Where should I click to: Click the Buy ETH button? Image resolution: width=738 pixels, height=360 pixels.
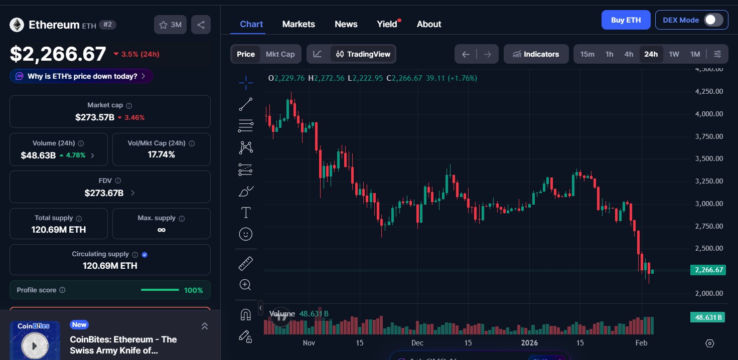point(626,20)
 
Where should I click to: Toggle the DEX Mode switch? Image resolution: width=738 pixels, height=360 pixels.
point(713,20)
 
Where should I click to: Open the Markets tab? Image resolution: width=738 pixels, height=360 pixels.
point(299,24)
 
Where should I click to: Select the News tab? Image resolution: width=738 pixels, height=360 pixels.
point(346,24)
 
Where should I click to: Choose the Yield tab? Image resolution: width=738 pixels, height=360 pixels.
point(387,24)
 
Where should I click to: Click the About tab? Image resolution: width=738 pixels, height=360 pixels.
point(429,24)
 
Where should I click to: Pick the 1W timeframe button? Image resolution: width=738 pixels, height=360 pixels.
point(674,54)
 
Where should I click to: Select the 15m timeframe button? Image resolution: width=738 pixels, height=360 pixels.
point(587,54)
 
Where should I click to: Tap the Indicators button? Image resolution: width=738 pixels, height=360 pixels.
point(536,54)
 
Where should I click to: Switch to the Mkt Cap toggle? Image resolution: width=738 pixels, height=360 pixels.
point(280,54)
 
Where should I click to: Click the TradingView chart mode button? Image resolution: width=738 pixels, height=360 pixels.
point(363,54)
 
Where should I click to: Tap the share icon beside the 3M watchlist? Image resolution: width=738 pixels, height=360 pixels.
point(201,25)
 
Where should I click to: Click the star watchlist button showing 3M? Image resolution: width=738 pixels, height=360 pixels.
point(170,25)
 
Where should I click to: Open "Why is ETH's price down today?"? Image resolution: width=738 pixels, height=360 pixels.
point(81,76)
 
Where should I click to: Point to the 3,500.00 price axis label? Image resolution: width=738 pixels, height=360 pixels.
point(709,158)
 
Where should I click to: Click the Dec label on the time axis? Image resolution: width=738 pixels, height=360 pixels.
point(417,343)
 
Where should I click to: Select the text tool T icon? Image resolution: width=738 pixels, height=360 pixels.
point(246,213)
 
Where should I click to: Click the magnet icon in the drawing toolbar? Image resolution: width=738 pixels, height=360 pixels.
point(245,314)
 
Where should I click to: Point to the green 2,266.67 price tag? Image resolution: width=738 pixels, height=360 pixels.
point(708,270)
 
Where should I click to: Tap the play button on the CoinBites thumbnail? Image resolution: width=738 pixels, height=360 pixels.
point(35,345)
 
